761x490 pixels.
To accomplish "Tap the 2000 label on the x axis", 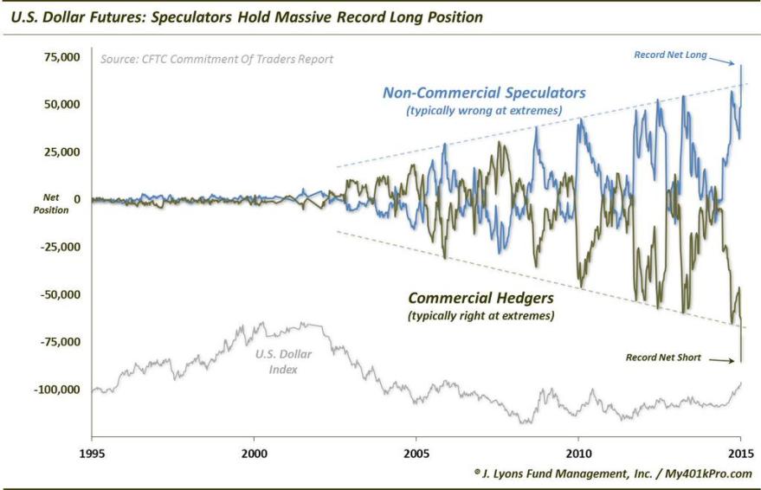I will tap(254, 453).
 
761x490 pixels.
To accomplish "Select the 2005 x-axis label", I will tap(416, 453).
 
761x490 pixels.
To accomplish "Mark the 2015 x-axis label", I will tap(741, 453).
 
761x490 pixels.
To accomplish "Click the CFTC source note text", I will tap(216, 60).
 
